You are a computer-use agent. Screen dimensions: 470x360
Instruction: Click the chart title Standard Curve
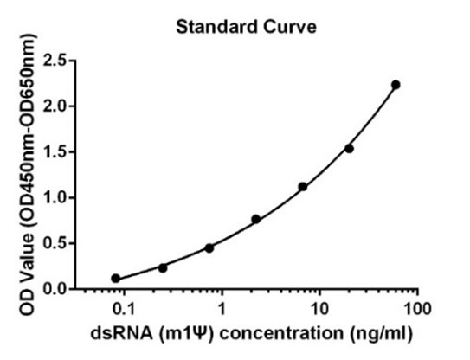[246, 27]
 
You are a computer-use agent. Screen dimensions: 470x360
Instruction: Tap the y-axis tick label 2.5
[55, 61]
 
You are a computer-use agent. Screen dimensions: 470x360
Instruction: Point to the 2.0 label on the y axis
[55, 106]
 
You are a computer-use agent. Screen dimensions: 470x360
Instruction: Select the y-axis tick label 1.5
[55, 152]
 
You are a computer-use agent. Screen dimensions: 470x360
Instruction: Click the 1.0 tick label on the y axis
[55, 198]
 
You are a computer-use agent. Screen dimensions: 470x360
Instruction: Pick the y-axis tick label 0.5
[55, 243]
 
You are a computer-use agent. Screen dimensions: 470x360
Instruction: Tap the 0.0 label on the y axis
[55, 289]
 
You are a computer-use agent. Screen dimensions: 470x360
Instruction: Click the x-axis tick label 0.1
[123, 309]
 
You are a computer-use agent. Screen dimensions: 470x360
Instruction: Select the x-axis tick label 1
[222, 309]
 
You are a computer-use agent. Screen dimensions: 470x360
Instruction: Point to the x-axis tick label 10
[319, 309]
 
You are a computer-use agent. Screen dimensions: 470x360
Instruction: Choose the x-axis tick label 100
[417, 309]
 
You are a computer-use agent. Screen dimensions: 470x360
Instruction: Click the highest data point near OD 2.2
[396, 85]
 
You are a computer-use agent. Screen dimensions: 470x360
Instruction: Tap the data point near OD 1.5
[349, 148]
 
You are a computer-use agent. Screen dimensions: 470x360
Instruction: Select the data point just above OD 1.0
[303, 187]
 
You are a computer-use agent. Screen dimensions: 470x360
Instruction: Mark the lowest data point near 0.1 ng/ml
[116, 279]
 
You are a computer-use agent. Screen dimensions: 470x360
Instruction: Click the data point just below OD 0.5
[209, 248]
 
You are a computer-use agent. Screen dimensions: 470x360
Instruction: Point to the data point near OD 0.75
[256, 219]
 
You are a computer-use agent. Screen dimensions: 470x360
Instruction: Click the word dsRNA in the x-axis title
[121, 333]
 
